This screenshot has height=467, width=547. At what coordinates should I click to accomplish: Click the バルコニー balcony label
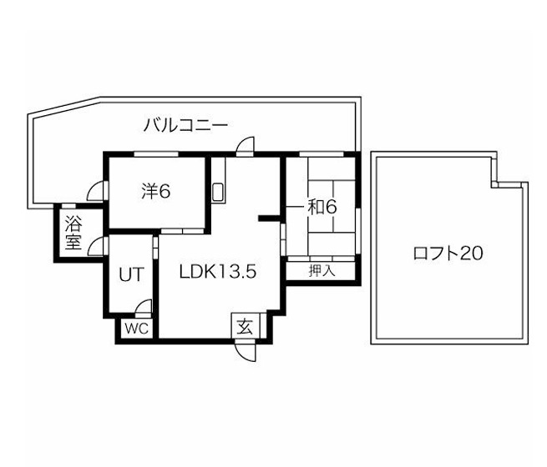pyautogui.click(x=185, y=125)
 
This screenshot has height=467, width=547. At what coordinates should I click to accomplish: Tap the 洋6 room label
pyautogui.click(x=156, y=191)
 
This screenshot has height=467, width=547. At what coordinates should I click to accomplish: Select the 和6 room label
pyautogui.click(x=322, y=207)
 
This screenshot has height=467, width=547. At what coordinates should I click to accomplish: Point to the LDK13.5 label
pyautogui.click(x=218, y=272)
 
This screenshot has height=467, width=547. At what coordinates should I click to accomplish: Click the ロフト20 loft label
pyautogui.click(x=448, y=254)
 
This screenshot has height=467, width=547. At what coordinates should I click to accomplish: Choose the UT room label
pyautogui.click(x=131, y=274)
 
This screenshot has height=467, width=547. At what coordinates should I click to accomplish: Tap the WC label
pyautogui.click(x=136, y=329)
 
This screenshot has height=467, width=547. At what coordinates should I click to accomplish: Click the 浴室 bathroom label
pyautogui.click(x=73, y=233)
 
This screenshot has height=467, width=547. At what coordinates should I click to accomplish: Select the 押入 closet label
pyautogui.click(x=322, y=270)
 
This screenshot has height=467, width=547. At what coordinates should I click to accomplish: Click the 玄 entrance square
pyautogui.click(x=246, y=325)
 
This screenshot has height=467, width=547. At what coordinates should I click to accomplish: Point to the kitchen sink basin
pyautogui.click(x=218, y=192)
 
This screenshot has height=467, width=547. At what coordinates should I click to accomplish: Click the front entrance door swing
pyautogui.click(x=246, y=352)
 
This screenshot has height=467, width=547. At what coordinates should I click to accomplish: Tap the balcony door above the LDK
pyautogui.click(x=246, y=146)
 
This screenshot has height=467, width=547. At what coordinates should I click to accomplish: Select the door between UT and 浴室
pyautogui.click(x=98, y=247)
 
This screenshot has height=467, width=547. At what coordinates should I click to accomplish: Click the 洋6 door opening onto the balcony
pyautogui.click(x=97, y=191)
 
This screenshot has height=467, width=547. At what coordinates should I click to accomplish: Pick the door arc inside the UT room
pyautogui.click(x=144, y=306)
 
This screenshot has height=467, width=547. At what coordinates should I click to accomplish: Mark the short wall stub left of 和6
pyautogui.click(x=269, y=218)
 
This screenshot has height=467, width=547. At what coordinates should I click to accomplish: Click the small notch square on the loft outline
pyautogui.click(x=494, y=184)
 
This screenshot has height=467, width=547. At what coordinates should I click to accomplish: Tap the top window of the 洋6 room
pyautogui.click(x=156, y=154)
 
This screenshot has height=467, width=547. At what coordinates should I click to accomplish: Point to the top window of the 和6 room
pyautogui.click(x=322, y=154)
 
